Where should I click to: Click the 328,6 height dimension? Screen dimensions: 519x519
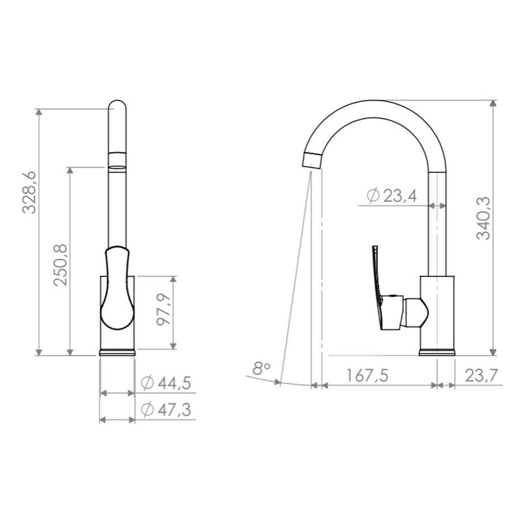(x=29, y=192)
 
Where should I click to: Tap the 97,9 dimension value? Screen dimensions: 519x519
(x=163, y=309)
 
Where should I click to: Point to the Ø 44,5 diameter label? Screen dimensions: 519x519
(x=166, y=383)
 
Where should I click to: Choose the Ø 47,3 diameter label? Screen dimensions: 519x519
(x=166, y=410)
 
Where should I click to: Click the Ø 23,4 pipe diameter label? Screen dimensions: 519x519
(x=392, y=196)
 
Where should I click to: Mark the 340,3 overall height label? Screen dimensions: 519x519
(x=483, y=218)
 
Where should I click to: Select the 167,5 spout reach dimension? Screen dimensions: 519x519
(x=367, y=376)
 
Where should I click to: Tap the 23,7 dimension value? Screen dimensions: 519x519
(x=481, y=376)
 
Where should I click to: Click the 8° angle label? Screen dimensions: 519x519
(x=261, y=368)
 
